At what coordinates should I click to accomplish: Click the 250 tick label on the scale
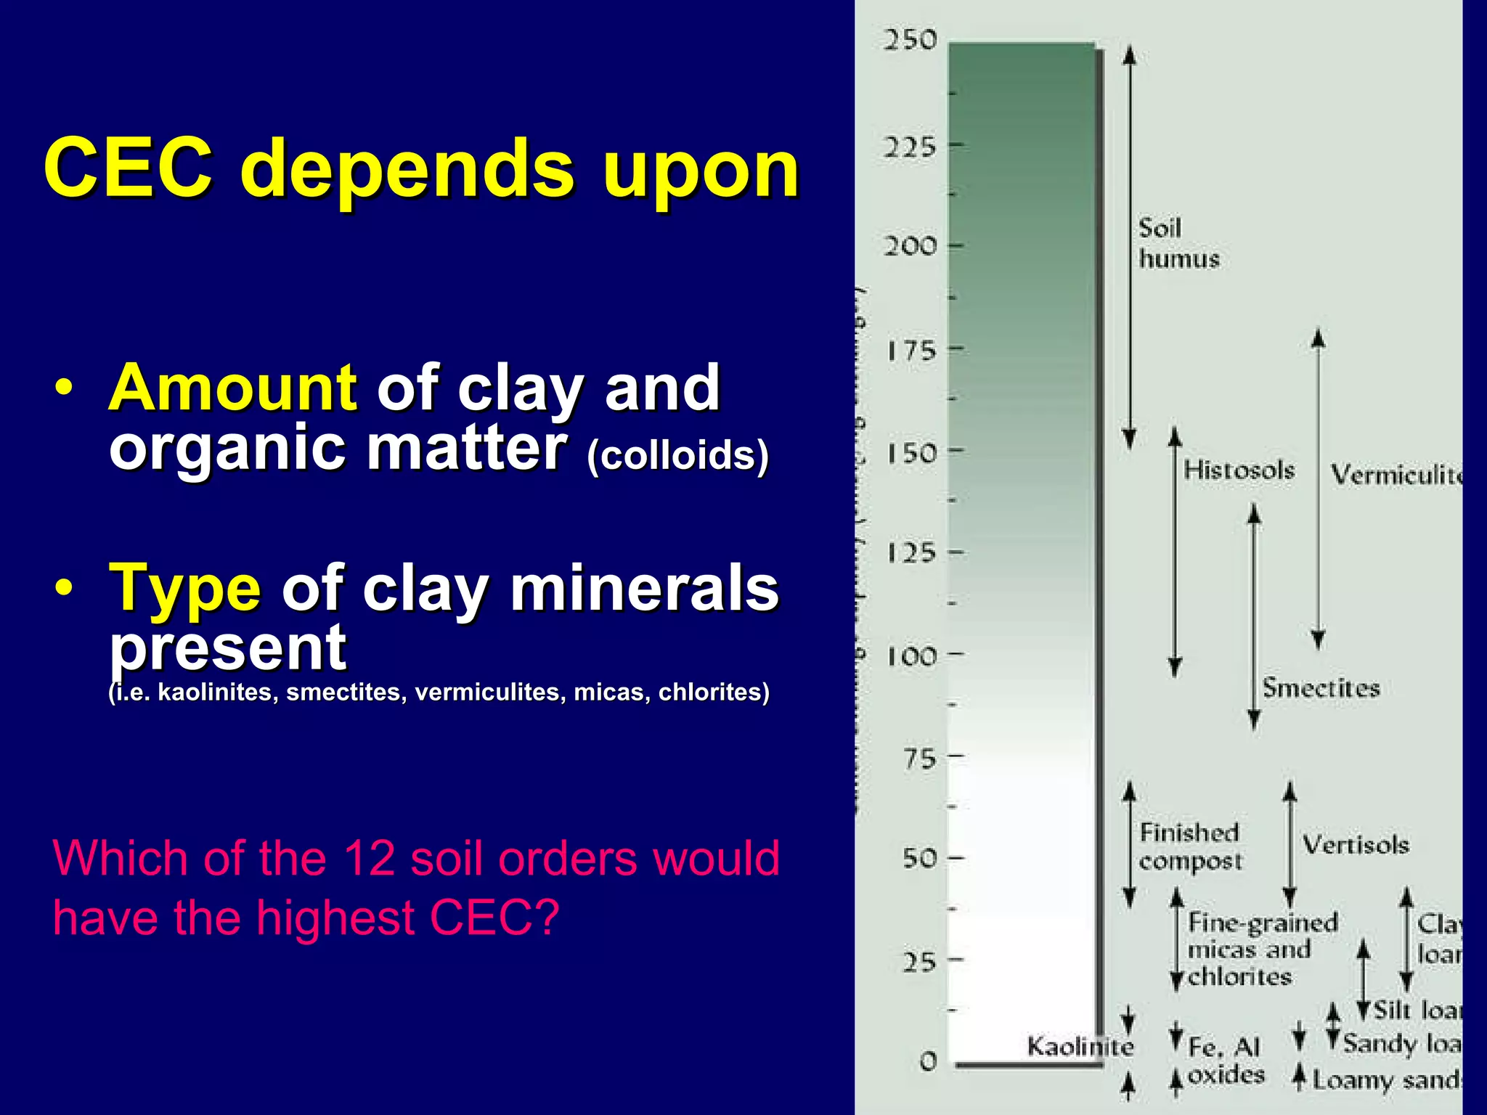click(910, 40)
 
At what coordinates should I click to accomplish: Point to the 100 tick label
click(911, 657)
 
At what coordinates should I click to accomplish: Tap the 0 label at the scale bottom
click(928, 1061)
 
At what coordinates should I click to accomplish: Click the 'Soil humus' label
click(1178, 243)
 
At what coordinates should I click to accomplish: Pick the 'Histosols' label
click(1239, 470)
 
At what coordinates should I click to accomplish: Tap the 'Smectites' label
click(1321, 688)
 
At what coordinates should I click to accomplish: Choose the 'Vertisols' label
click(1355, 845)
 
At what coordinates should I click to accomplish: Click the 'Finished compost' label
click(1190, 846)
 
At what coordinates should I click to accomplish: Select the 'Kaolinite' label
click(1080, 1047)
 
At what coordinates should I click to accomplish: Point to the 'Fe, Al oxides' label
click(1226, 1061)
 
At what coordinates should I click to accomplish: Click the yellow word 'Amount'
click(232, 388)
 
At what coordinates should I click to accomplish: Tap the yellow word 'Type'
click(185, 588)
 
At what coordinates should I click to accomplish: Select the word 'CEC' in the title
click(129, 168)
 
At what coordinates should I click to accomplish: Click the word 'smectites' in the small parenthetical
click(343, 693)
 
